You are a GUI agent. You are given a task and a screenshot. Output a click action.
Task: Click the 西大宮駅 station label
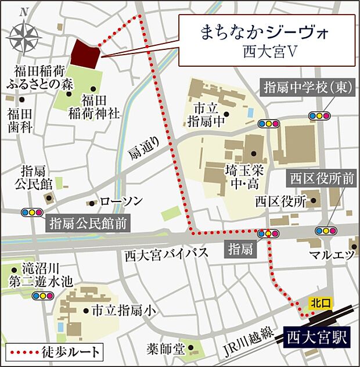(317, 336)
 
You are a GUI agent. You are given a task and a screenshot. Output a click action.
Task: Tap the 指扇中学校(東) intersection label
(305, 88)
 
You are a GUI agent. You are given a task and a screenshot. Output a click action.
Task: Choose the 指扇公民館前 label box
(89, 222)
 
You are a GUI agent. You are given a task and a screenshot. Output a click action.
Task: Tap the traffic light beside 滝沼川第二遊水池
(42, 296)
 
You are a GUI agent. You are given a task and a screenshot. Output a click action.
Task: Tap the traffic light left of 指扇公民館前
(30, 213)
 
